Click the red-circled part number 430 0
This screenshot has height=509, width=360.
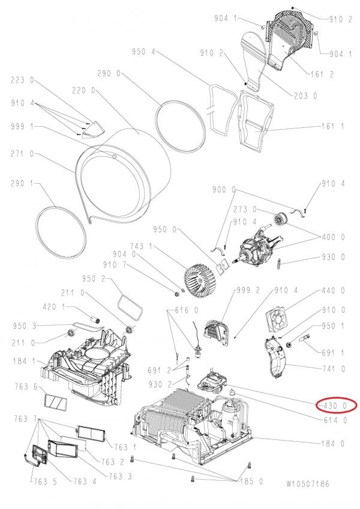(334, 406)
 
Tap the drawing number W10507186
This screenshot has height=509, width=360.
(308, 483)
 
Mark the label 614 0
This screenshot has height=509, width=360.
(335, 420)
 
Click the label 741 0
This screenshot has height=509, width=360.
(335, 369)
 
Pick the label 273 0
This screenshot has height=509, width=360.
(245, 209)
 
